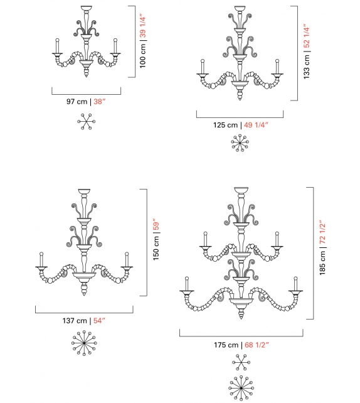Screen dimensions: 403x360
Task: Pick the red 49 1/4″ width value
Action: click(x=257, y=125)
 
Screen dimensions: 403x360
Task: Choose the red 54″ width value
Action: click(x=98, y=320)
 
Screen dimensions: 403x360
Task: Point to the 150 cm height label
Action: click(x=157, y=249)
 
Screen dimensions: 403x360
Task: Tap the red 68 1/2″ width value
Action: click(x=258, y=345)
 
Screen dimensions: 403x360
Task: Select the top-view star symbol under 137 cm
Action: click(x=83, y=344)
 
